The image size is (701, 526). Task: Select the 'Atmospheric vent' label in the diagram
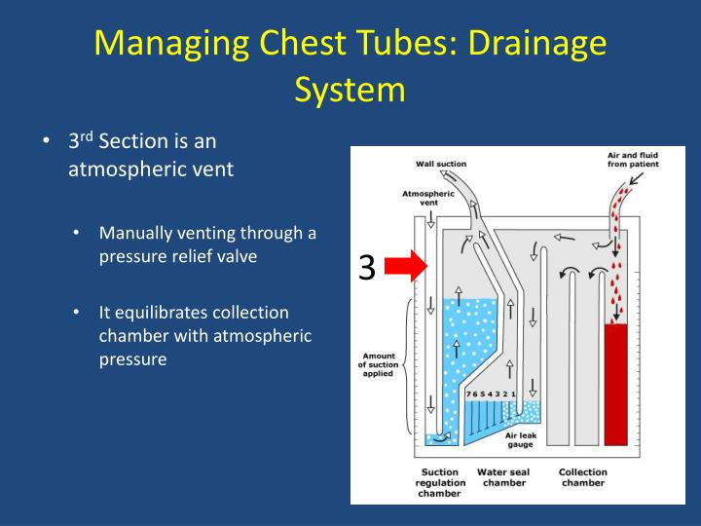tap(422, 198)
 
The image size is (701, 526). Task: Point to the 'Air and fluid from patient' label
tap(633, 160)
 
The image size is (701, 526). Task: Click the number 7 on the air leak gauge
tap(468, 394)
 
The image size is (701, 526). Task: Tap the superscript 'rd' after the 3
tap(86, 136)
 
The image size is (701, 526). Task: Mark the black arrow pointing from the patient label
tap(635, 180)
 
